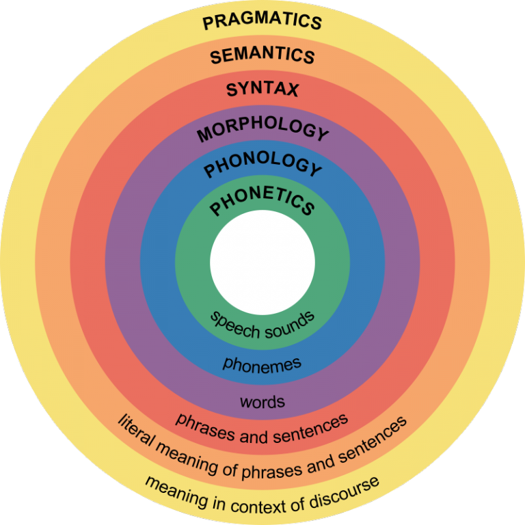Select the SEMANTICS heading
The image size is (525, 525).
(262, 55)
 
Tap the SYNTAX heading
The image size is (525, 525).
(262, 90)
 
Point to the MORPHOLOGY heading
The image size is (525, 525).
(262, 129)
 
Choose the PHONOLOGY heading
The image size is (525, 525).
(262, 164)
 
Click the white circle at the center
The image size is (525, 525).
(262, 262)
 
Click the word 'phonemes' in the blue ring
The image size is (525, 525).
(262, 365)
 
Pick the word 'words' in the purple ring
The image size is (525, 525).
(262, 401)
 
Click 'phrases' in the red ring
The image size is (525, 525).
(205, 427)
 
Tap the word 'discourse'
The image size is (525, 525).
(345, 492)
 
